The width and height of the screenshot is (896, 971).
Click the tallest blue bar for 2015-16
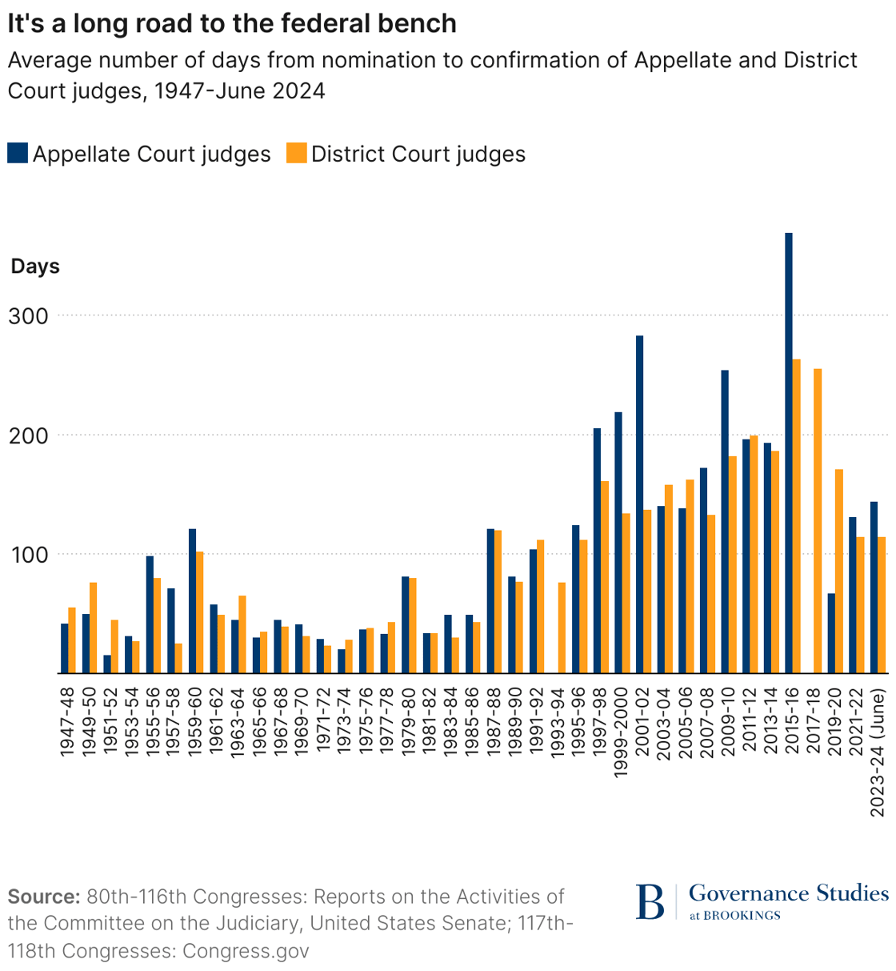point(789,453)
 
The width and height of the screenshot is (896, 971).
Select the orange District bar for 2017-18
point(818,520)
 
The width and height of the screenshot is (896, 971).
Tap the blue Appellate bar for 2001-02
point(640,504)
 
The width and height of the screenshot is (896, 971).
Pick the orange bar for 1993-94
point(562,628)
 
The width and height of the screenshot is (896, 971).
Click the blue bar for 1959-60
point(192,600)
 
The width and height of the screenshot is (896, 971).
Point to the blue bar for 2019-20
point(832,633)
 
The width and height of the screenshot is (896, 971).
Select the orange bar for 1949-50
point(93,628)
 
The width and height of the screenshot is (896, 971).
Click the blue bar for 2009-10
point(725,521)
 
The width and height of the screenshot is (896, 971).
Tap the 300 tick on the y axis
point(29,316)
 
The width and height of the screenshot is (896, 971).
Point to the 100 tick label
point(29,555)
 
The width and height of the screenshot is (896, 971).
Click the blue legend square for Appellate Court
point(18,153)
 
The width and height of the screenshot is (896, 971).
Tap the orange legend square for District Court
point(297,153)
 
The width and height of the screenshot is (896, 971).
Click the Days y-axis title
point(35,267)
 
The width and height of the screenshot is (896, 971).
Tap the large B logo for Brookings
point(650,902)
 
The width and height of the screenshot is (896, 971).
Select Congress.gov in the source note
point(246,950)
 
